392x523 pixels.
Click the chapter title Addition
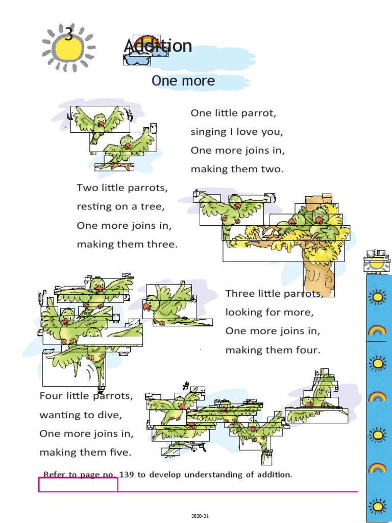[x=158, y=46]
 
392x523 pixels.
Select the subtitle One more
[x=183, y=81]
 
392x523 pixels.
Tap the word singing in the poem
[x=208, y=132]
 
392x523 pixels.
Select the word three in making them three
[x=161, y=244]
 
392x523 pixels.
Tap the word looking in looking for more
[x=244, y=312]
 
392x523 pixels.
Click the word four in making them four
[x=308, y=350]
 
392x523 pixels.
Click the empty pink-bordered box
[x=78, y=485]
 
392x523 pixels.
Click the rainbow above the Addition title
[x=146, y=41]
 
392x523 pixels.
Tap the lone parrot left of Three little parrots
[x=168, y=305]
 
